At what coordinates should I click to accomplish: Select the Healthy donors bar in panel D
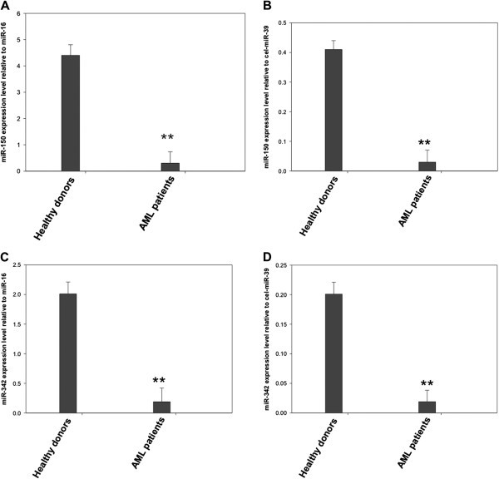333,353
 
